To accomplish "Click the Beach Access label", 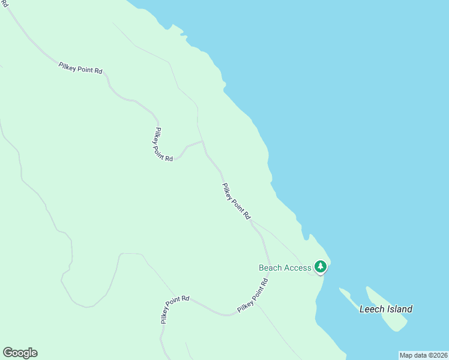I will pos(285,268).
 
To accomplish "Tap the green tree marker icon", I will pos(321,266).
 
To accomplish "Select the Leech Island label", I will pos(385,310).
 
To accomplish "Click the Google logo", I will pos(20,353).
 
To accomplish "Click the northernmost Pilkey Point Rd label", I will pos(80,68).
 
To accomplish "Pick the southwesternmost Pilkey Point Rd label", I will pos(175,309).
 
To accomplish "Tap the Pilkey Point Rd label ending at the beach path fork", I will pos(235,201).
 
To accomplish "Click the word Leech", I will pos(372,310).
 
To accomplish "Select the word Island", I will pos(399,310).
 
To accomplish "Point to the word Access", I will pos(298,268).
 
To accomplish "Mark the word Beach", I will pos(271,268).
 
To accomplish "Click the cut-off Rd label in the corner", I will pos(4,4).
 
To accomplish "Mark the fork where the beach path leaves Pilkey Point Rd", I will pos(252,221).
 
